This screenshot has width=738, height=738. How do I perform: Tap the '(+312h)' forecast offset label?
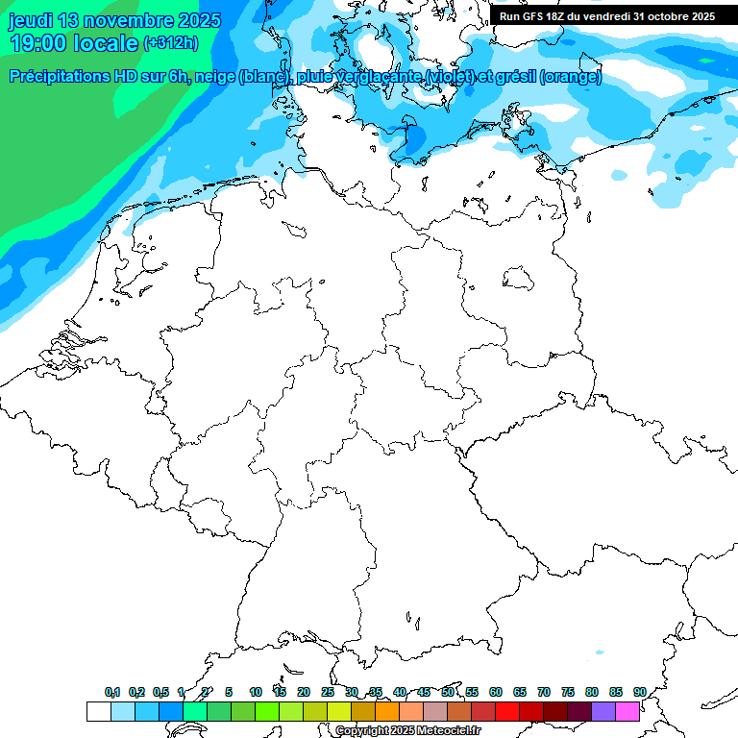click(x=170, y=43)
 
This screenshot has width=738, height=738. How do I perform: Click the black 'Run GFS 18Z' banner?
click(x=606, y=16)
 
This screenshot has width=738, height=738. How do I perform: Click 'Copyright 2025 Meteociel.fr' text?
click(x=407, y=731)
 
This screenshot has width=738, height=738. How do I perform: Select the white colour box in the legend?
click(x=98, y=711)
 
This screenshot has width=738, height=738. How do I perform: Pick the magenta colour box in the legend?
click(x=627, y=711)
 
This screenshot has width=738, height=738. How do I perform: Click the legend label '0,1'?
click(x=111, y=693)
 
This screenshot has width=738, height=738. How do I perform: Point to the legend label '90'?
click(x=639, y=693)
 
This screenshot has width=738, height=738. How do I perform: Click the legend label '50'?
click(x=448, y=693)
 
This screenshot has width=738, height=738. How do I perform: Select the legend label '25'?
click(x=328, y=693)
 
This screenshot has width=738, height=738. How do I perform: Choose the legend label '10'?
click(x=256, y=693)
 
